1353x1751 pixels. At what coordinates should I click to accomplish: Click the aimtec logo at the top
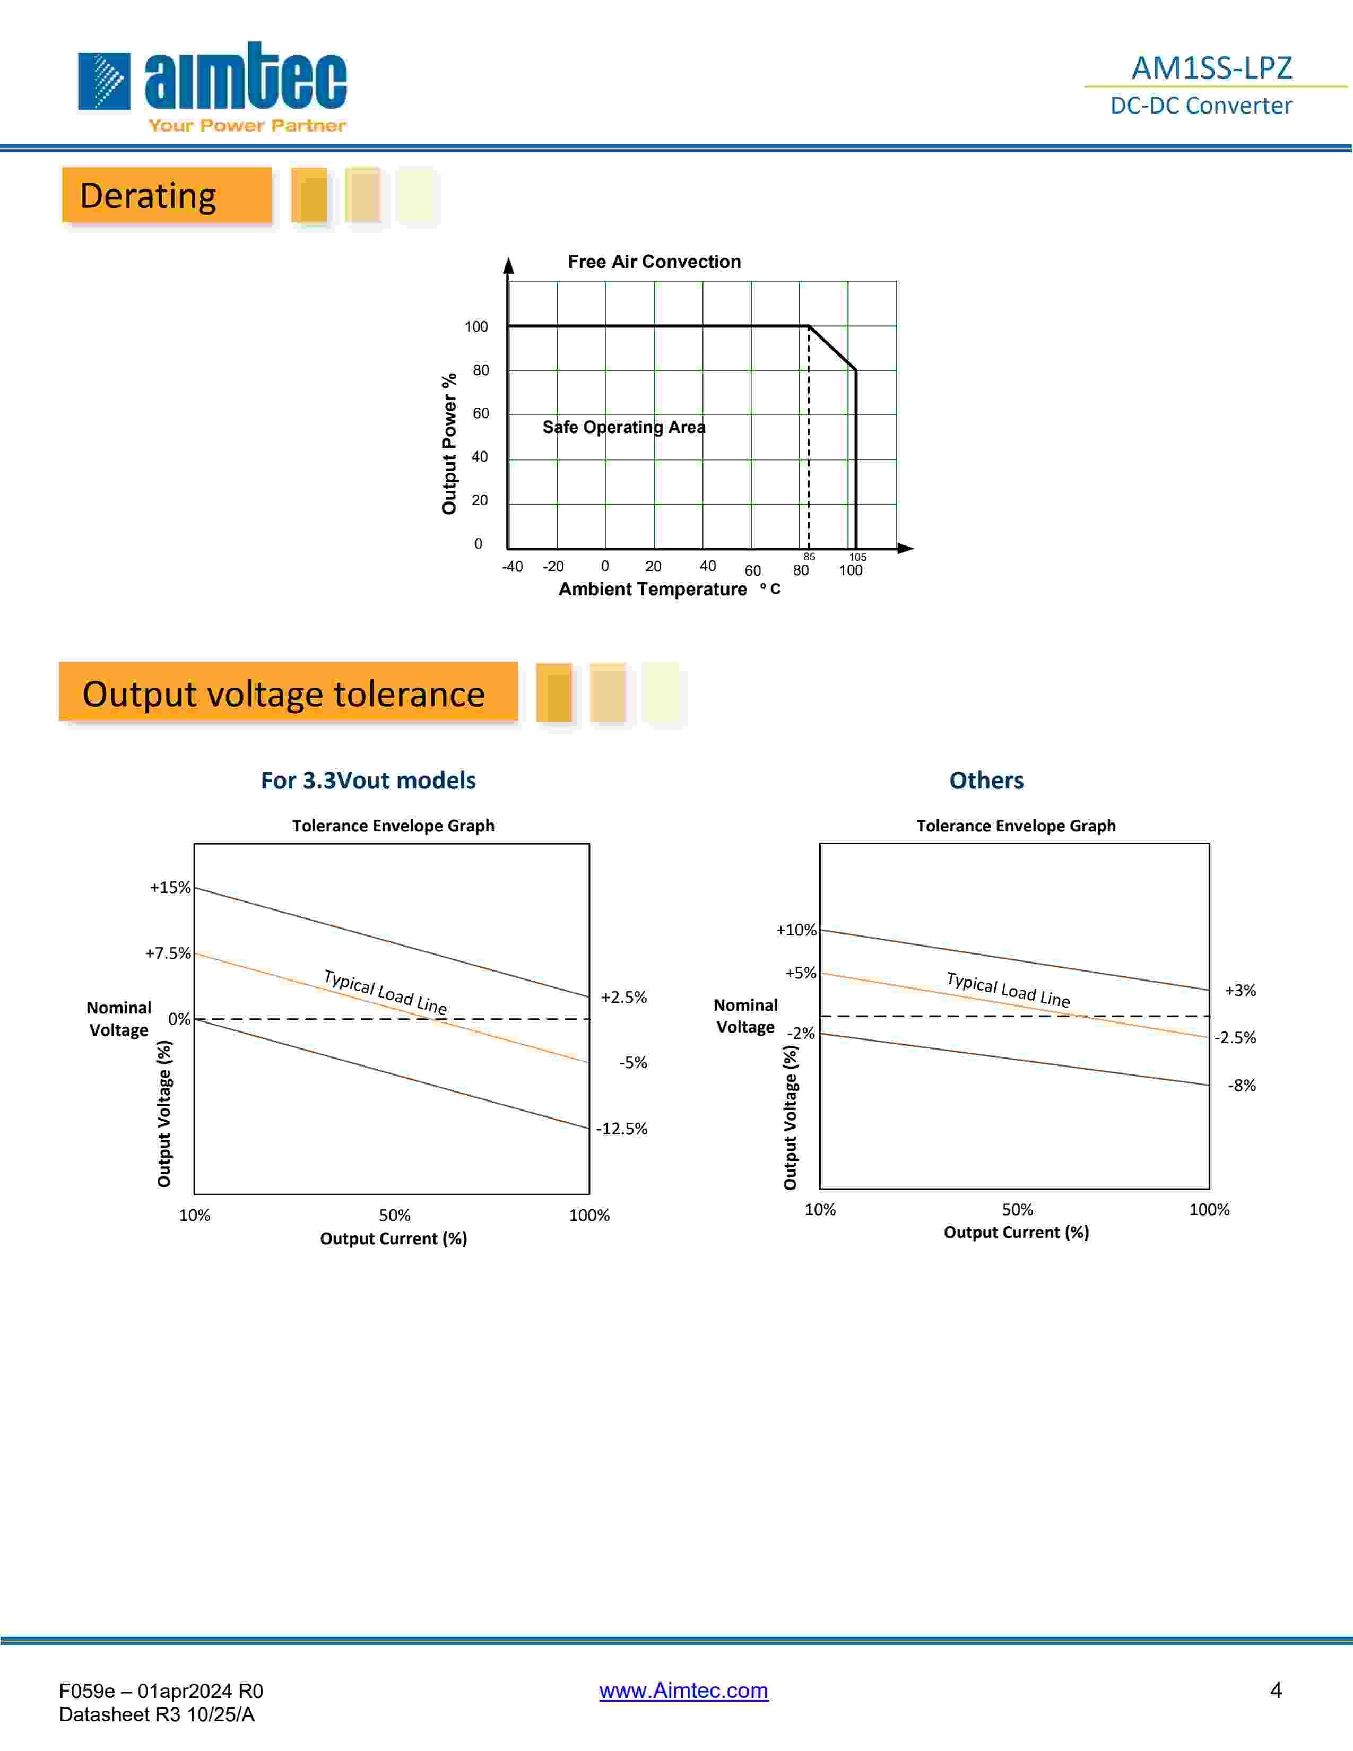point(212,84)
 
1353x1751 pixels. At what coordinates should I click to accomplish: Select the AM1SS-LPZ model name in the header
point(1211,68)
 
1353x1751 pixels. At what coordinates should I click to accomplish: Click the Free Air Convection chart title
point(654,262)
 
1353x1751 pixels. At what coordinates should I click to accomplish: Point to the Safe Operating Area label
point(623,427)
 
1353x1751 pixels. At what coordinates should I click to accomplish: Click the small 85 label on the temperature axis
point(809,557)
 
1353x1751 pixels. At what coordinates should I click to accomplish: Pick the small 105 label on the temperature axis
point(857,557)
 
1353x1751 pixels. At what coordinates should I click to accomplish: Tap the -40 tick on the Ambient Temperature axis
point(512,567)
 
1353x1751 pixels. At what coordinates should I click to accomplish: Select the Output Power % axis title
point(449,444)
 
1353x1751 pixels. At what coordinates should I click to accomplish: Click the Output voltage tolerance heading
point(284,694)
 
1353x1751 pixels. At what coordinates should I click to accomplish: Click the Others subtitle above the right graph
point(986,780)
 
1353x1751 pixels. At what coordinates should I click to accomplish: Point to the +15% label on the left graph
point(170,888)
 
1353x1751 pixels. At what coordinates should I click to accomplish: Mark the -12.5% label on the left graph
point(622,1129)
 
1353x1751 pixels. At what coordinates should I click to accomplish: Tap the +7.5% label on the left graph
point(168,953)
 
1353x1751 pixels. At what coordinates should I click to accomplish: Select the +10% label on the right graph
point(796,930)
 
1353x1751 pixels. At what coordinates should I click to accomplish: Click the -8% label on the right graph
point(1242,1086)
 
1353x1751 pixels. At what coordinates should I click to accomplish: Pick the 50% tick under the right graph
point(1017,1210)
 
